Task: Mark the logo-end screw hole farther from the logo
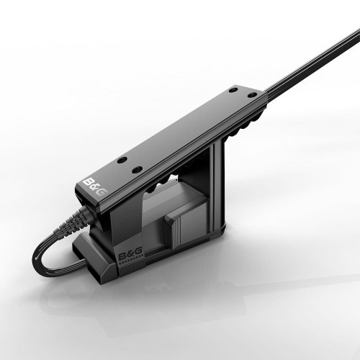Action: point(136,169)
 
